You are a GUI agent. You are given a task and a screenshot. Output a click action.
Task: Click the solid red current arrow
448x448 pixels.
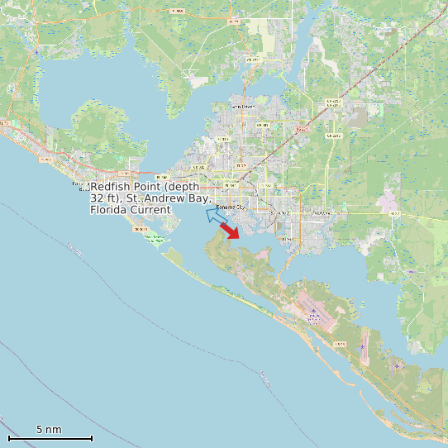click(x=230, y=231)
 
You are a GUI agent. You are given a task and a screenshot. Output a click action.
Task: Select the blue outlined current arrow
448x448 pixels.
click(x=217, y=217)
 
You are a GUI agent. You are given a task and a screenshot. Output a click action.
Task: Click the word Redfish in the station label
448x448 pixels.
click(x=109, y=188)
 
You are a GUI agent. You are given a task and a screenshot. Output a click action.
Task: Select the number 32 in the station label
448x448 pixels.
click(x=97, y=199)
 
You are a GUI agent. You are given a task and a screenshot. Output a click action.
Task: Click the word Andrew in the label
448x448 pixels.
click(x=165, y=199)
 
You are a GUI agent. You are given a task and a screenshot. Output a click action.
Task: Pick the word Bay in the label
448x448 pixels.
click(x=201, y=199)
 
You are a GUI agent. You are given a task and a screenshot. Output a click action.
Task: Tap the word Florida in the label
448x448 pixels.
click(x=108, y=210)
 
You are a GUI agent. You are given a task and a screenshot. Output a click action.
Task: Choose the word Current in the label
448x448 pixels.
click(x=150, y=210)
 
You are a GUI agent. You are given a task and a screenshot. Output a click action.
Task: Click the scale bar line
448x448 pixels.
click(x=50, y=438)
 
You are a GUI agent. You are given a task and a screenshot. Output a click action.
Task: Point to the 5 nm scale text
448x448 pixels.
click(x=49, y=430)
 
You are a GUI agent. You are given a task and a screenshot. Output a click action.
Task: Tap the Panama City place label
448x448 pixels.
click(x=231, y=206)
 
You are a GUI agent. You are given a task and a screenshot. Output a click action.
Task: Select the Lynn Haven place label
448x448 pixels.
click(x=244, y=107)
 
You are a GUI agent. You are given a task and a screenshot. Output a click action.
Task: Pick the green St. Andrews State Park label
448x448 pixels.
click(x=154, y=238)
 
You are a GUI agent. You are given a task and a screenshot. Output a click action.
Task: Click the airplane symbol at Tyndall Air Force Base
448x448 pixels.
click(x=313, y=311)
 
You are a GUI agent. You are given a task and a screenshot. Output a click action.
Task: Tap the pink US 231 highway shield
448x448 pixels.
click(x=302, y=129)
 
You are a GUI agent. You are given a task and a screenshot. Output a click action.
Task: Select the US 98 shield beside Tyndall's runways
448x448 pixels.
click(x=339, y=344)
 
